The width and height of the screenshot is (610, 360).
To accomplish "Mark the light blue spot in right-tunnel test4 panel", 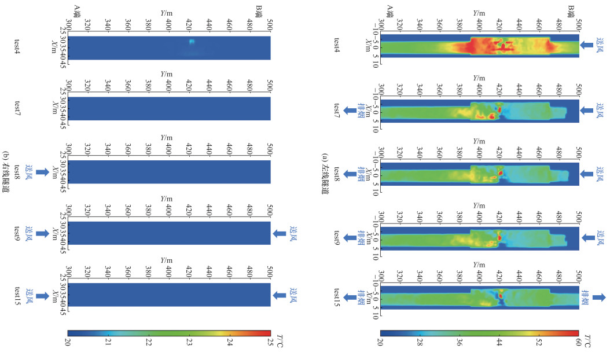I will (192, 41).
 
